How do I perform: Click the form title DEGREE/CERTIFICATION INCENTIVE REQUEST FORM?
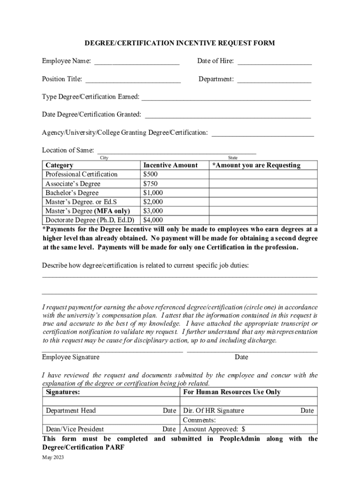click(x=180, y=44)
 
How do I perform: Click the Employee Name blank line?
click(x=137, y=62)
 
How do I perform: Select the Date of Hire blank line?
click(x=274, y=62)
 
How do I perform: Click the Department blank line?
click(x=274, y=80)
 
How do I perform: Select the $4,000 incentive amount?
click(x=153, y=220)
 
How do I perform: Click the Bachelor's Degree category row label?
click(x=72, y=193)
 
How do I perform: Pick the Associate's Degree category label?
click(x=73, y=184)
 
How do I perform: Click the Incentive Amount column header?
click(x=170, y=165)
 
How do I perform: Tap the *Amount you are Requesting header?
click(x=256, y=165)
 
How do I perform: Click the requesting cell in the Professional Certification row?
click(x=263, y=174)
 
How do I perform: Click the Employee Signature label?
click(x=71, y=357)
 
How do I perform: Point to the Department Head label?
click(x=71, y=411)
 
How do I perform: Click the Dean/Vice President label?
click(x=75, y=429)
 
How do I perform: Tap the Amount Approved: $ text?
click(x=214, y=429)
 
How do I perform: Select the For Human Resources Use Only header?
click(x=232, y=392)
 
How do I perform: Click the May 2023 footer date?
click(x=53, y=457)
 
